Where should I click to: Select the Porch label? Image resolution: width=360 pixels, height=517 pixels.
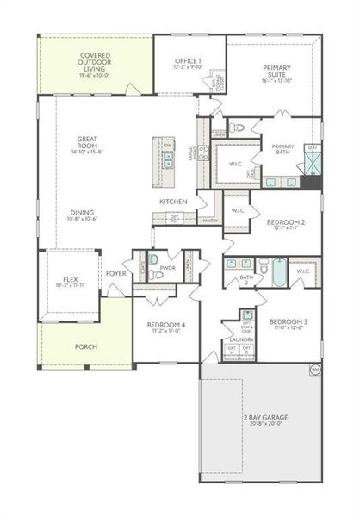click(85, 346)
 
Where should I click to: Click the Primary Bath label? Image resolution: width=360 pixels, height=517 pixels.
click(283, 149)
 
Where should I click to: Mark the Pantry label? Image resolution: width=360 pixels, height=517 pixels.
click(209, 221)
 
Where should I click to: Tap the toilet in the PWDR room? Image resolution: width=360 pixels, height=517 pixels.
click(153, 275)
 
